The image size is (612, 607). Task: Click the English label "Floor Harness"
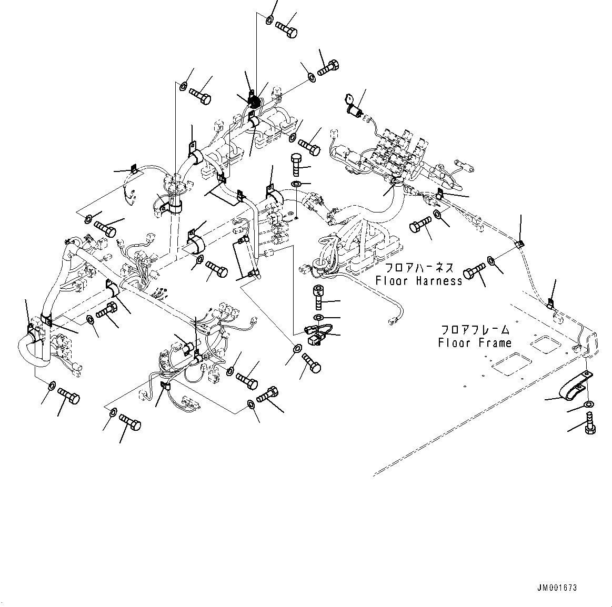coord(419,281)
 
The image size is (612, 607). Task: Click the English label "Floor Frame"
coord(475,343)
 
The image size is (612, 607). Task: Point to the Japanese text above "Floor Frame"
coord(475,330)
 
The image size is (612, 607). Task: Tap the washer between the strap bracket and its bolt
coord(588,404)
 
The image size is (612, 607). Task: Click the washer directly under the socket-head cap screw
coord(318,317)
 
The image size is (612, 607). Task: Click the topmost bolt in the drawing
coord(286,26)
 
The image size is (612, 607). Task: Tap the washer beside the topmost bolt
coord(269,21)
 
